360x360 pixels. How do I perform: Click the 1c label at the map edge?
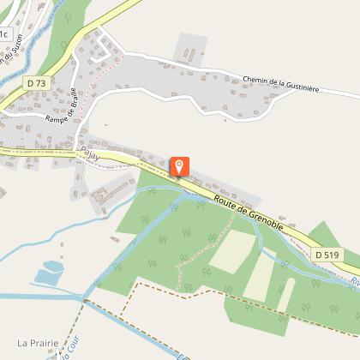pyautogui.click(x=4, y=34)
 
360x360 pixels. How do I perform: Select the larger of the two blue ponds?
pyautogui.click(x=46, y=276)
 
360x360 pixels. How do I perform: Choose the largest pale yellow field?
pyautogui.click(x=231, y=250)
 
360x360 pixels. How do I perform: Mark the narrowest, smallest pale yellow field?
pyautogui.click(x=285, y=296)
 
